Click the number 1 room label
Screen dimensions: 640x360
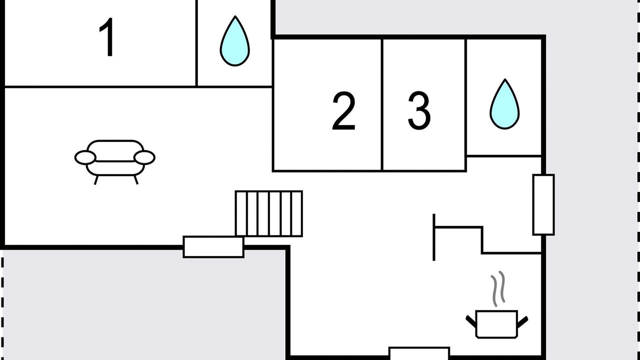coord(107,37)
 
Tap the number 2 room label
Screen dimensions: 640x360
coord(343,111)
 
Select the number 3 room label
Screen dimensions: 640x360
coord(419,111)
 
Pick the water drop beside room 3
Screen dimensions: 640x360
coord(504,105)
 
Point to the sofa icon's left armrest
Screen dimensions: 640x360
coord(85,157)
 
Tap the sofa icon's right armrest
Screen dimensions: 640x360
coord(144,157)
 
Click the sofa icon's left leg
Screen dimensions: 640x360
coord(96,180)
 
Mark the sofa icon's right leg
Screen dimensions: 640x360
coord(136,180)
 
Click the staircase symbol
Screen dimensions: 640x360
coord(269,213)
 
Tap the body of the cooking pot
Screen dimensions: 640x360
coord(496,324)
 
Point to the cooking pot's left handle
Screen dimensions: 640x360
coord(471,321)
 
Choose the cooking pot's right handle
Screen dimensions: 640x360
coord(522,321)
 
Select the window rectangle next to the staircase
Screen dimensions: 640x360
coord(213,247)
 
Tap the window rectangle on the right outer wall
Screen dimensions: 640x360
coord(543,205)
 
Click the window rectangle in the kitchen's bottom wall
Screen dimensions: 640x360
coord(419,353)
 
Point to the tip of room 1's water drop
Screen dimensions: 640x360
coord(235,16)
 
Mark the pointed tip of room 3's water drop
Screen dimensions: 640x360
coord(505,79)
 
